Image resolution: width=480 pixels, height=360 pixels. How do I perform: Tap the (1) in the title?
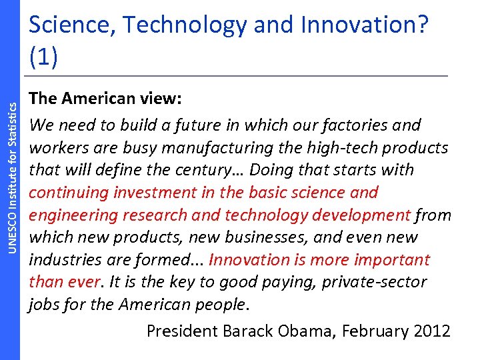(43, 55)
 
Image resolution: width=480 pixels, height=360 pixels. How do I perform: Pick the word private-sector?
(374, 283)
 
